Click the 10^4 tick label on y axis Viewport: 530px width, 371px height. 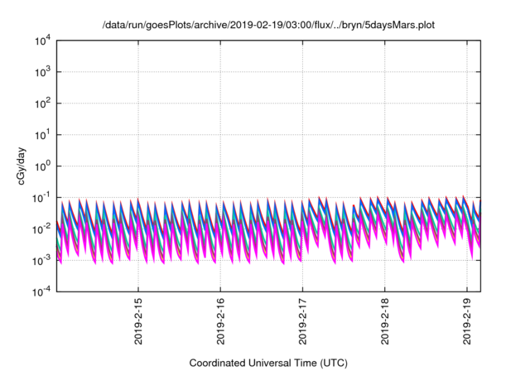pos(42,41)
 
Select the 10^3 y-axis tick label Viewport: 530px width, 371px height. pos(42,72)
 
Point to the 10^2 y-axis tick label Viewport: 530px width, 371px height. pos(42,104)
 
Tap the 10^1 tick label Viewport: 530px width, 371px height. pos(42,134)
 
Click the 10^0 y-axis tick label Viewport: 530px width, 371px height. pos(42,166)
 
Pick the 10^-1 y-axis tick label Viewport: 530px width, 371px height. pos(42,197)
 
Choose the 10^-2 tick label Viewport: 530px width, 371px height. pos(42,229)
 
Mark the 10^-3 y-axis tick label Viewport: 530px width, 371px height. pos(42,260)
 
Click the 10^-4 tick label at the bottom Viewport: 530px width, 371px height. pos(42,291)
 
